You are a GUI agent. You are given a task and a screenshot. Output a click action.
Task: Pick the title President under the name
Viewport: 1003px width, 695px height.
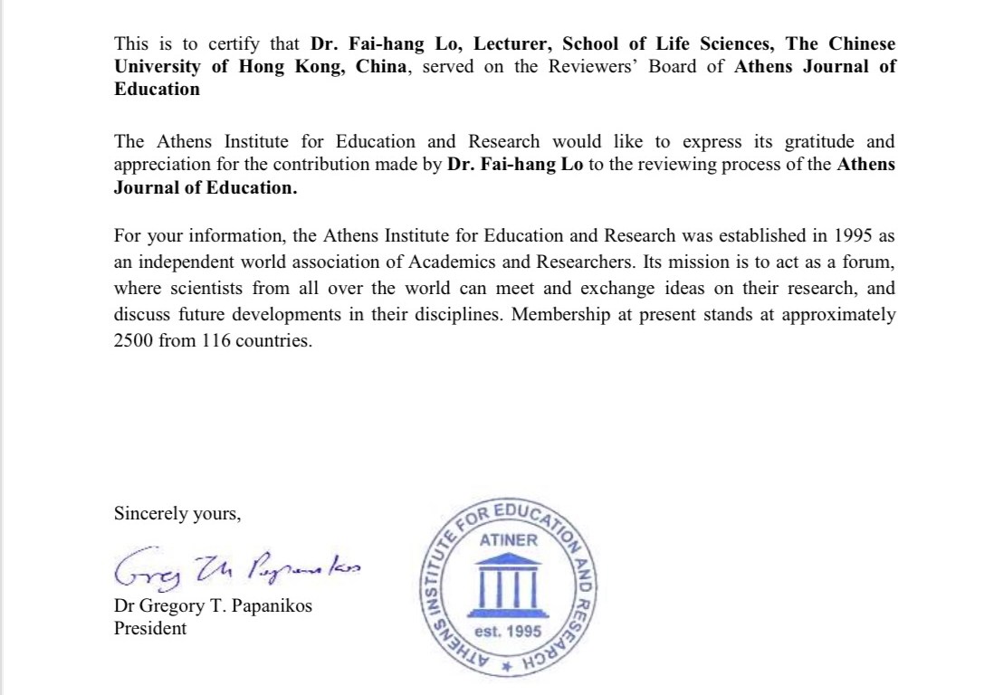[x=150, y=628]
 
